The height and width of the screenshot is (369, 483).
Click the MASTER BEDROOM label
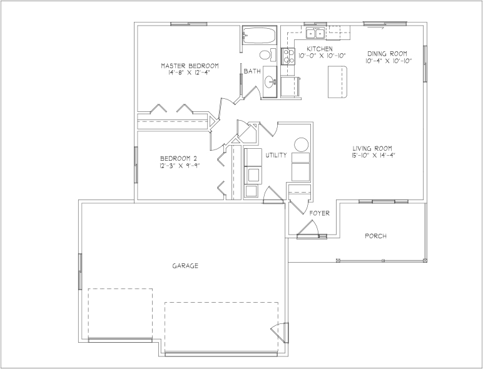[190, 66]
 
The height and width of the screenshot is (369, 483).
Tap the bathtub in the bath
[258, 36]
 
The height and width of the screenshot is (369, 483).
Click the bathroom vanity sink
[271, 82]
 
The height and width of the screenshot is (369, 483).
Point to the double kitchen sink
[315, 33]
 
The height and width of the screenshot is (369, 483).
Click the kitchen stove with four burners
[288, 56]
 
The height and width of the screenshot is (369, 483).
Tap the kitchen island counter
[338, 82]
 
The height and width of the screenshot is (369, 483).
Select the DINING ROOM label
[387, 54]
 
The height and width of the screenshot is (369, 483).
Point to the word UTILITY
[277, 155]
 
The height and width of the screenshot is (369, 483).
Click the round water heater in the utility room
[302, 144]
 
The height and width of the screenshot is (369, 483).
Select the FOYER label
[320, 213]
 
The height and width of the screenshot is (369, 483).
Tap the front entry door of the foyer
[308, 228]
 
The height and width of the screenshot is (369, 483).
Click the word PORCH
[375, 236]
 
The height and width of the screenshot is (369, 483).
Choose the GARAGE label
[185, 266]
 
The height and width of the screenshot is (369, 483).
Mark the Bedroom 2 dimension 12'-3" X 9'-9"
[180, 166]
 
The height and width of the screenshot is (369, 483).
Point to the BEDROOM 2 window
[136, 164]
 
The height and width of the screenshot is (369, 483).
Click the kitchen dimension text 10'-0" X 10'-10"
[322, 56]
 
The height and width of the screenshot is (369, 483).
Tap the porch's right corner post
[425, 261]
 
